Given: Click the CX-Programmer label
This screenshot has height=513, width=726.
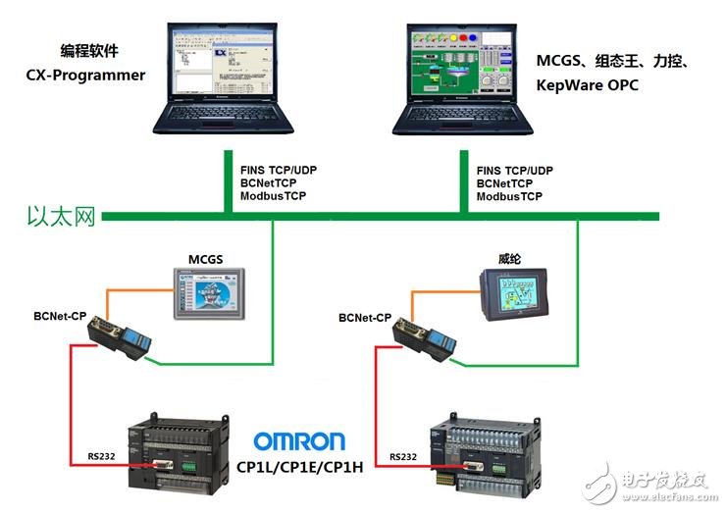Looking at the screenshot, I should click(x=85, y=75).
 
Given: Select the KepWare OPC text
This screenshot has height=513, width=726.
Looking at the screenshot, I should click(x=587, y=85).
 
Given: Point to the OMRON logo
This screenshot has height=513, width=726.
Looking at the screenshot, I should click(x=300, y=440).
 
